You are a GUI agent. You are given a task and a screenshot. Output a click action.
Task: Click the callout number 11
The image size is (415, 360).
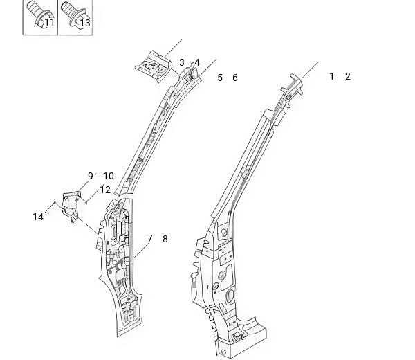click(x=50, y=23)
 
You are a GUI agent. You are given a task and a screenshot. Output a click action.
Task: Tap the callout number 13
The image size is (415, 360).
click(x=85, y=23)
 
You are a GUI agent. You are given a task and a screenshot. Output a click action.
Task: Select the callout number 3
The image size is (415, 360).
click(x=181, y=62)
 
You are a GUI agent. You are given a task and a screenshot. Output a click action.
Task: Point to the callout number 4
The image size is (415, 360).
click(x=197, y=63)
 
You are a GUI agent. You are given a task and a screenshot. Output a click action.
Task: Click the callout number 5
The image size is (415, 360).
click(x=220, y=78)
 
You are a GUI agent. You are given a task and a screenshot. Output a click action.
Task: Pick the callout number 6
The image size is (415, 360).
click(x=235, y=78)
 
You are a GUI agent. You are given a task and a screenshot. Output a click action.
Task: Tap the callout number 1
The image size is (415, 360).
click(x=331, y=76)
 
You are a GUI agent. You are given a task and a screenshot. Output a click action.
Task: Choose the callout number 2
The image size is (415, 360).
click(x=348, y=76)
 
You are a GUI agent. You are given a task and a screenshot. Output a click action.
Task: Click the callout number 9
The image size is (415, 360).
click(x=91, y=176)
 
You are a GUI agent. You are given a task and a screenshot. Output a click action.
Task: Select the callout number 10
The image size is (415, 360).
click(x=109, y=176)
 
